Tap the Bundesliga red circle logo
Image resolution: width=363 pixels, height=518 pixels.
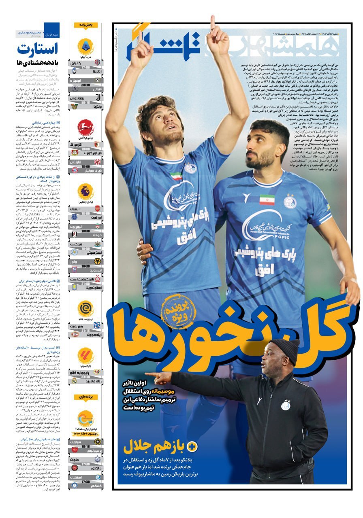[85, 127]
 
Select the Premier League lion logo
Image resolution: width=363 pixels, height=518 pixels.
[85, 191]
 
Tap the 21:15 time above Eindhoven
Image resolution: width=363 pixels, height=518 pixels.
[85, 330]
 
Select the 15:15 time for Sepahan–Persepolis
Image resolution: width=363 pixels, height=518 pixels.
[85, 447]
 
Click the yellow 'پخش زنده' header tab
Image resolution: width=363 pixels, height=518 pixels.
[85, 25]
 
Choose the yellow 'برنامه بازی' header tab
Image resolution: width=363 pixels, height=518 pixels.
[85, 397]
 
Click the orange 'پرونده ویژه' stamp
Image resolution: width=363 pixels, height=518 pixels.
[178, 311]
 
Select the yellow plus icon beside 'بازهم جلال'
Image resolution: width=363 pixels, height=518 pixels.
[192, 447]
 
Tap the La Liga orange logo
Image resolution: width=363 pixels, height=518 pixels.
[85, 356]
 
